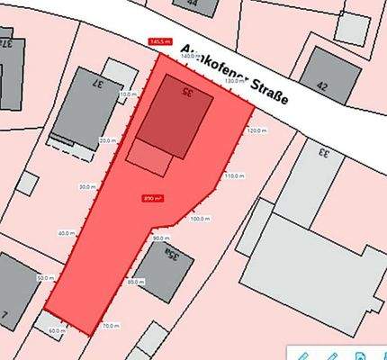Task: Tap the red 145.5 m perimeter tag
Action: coord(159,40)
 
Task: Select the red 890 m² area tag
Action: coord(151,198)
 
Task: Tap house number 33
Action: coord(323,153)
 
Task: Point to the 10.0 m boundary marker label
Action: coord(128,94)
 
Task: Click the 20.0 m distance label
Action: coord(107,141)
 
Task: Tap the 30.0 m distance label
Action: coord(86,187)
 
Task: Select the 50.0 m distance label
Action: coord(45,279)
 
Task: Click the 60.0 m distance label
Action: coord(56,331)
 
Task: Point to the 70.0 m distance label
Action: coord(110,325)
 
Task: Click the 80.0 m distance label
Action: coord(135,282)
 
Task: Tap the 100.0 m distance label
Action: coord(200,218)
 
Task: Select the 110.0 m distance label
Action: coord(233,175)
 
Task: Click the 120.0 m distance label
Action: coord(256,131)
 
